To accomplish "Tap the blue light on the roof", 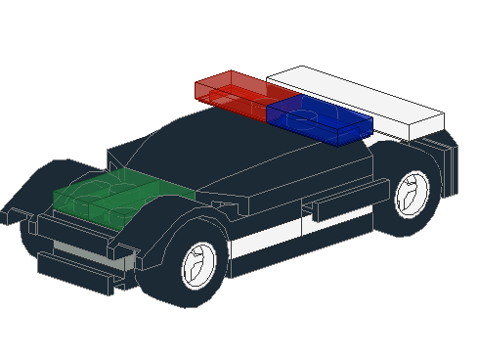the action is (319, 118).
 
